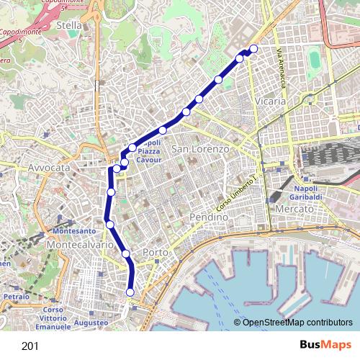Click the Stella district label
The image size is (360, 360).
[x=69, y=25]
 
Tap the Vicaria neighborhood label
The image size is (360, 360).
[x=270, y=102]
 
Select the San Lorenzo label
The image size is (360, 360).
[x=200, y=149]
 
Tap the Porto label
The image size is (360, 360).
[x=156, y=252]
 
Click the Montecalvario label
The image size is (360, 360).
[x=79, y=245]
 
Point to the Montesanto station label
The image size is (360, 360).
[x=74, y=231]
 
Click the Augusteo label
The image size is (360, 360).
[x=91, y=323]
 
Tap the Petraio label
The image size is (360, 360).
[x=15, y=296]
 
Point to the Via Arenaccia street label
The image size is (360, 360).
[x=282, y=68]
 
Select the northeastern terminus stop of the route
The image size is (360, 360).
[x=253, y=49]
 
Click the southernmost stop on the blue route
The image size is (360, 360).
[x=130, y=292]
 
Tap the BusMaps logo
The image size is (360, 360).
[x=323, y=345]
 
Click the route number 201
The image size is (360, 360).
[x=30, y=346]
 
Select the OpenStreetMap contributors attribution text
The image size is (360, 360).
[x=297, y=323]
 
